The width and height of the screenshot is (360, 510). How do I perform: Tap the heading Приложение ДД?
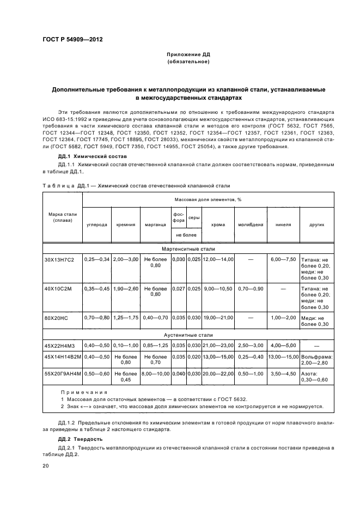point(188,54)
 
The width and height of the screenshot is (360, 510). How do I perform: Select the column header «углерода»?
point(96,224)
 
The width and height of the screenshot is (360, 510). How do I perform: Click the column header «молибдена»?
point(251,224)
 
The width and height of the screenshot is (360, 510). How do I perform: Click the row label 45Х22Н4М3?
point(57,344)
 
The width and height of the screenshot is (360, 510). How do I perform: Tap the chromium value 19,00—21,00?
point(217,317)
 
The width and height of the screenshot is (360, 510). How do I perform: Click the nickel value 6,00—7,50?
point(283,260)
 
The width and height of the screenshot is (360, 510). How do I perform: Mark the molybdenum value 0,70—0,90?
point(251,288)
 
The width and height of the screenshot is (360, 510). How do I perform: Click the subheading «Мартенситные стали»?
point(188,248)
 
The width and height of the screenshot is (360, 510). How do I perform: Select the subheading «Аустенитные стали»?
point(188,335)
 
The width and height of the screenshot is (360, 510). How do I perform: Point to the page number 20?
point(46,466)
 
